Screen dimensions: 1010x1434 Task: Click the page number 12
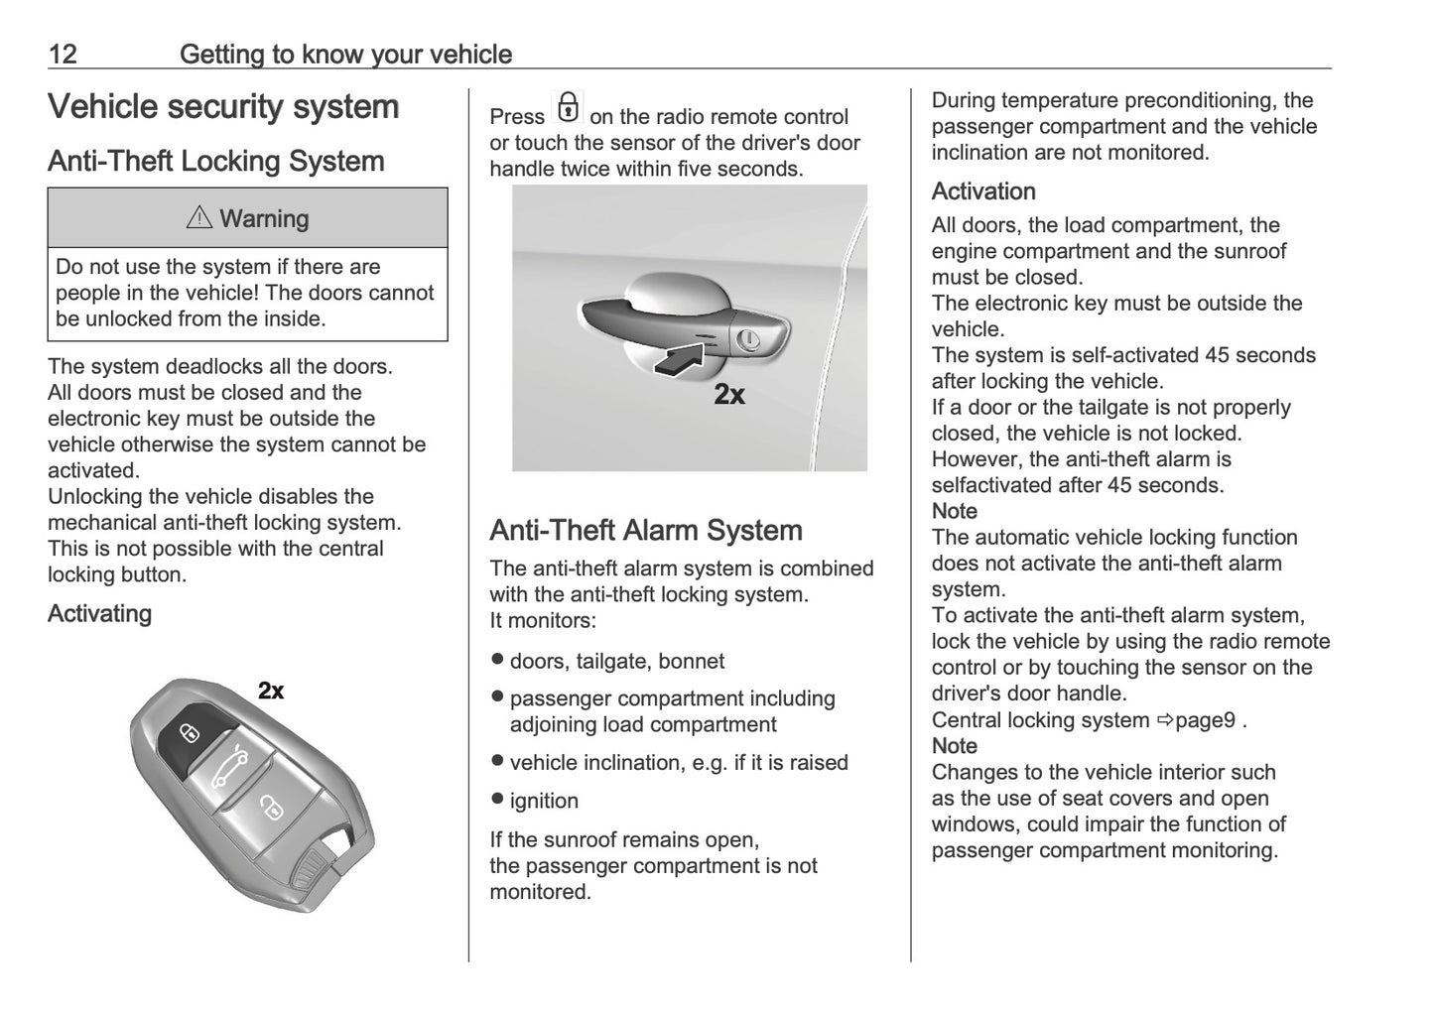pos(62,54)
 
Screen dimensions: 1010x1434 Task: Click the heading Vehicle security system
pos(223,107)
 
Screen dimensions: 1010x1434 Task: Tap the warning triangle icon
pos(199,218)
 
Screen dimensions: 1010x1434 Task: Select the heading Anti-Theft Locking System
pos(215,162)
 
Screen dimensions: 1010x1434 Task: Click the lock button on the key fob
pos(189,733)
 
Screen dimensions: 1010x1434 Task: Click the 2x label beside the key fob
pos(271,691)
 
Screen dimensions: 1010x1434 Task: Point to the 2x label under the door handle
pos(729,395)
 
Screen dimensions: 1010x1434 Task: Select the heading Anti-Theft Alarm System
pos(645,531)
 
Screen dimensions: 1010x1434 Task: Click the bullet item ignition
pos(543,801)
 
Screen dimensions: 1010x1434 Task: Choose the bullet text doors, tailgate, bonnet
pos(616,662)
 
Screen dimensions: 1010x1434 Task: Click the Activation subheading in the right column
pos(982,191)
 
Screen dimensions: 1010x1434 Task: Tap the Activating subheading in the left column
pos(99,614)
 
